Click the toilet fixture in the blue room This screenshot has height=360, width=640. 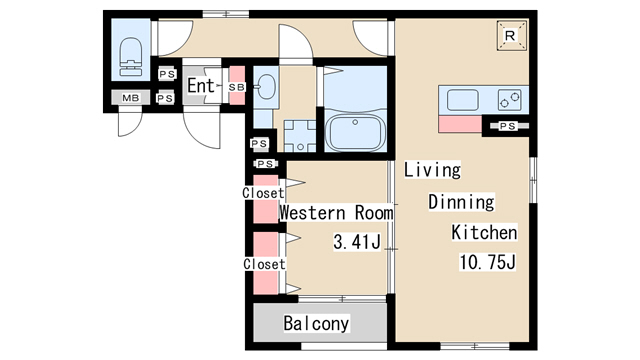131,57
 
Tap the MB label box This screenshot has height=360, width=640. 131,98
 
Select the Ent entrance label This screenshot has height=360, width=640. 200,86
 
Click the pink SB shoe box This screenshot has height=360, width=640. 237,85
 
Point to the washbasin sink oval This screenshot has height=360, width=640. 267,87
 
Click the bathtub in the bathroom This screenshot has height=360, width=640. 355,132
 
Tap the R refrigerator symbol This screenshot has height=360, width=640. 511,36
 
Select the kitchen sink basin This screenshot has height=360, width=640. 462,100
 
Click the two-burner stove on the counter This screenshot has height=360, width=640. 509,100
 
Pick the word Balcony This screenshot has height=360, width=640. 316,323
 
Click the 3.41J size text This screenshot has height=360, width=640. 357,241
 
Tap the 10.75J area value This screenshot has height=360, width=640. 488,262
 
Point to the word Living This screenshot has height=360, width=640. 432,169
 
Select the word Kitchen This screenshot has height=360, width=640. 484,232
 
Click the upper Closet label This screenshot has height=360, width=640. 263,193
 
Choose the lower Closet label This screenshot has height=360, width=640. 264,264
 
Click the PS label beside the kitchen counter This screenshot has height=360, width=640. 507,126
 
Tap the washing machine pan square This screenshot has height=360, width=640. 300,136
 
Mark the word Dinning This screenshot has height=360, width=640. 461,202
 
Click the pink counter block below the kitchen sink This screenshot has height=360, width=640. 460,124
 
